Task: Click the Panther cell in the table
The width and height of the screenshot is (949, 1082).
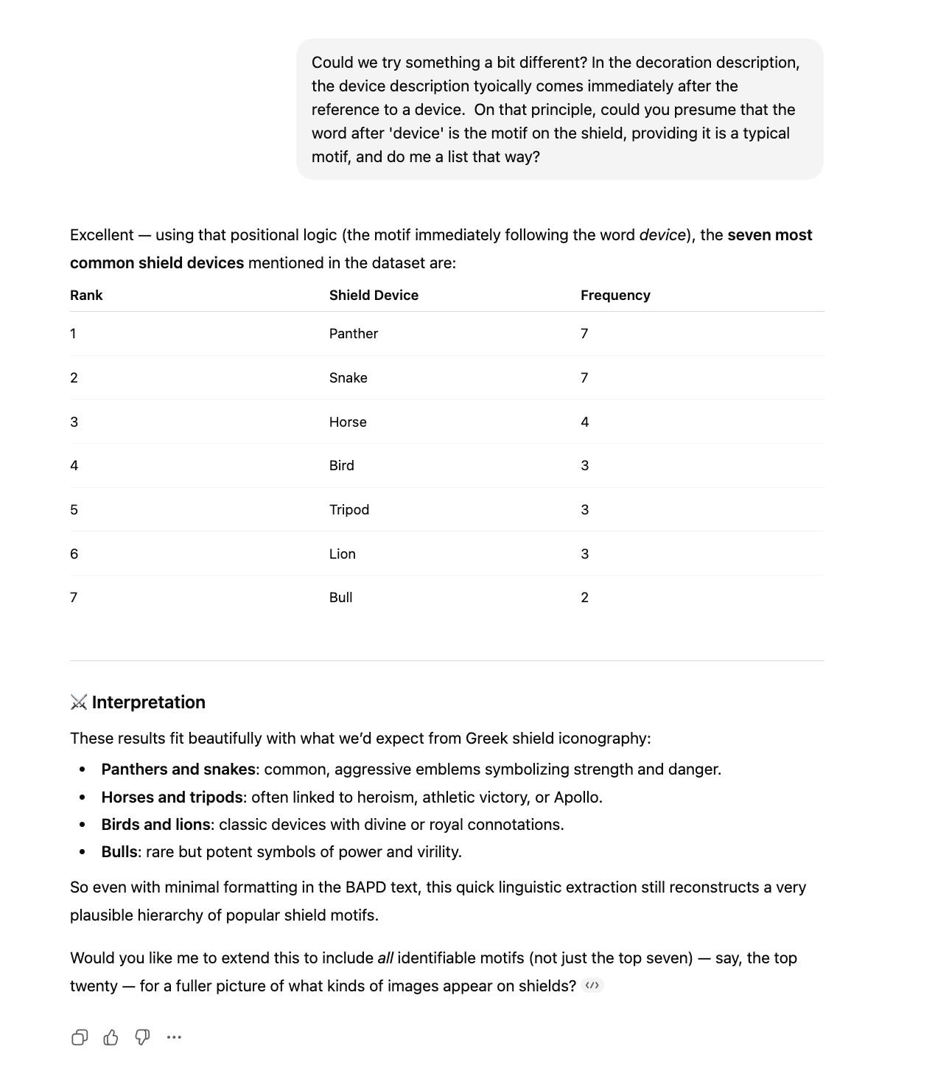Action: point(353,334)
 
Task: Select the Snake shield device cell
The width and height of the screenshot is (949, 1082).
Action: point(348,378)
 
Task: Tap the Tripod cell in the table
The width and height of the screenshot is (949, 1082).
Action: point(349,510)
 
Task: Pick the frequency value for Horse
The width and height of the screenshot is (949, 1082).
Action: point(584,422)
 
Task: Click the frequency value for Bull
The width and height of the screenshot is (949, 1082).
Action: point(584,598)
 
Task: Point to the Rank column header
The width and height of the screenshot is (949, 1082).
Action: point(86,296)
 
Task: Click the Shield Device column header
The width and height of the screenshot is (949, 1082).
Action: point(374,296)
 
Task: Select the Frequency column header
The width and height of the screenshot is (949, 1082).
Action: point(614,296)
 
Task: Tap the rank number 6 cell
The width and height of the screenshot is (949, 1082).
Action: point(74,554)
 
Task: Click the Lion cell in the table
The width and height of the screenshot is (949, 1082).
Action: point(342,554)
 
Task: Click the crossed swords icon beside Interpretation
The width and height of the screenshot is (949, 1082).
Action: point(79,702)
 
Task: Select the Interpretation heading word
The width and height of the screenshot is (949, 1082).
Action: point(148,702)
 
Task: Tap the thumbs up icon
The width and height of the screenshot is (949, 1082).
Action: point(111,1038)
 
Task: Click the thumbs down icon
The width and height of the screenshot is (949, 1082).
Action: point(142,1038)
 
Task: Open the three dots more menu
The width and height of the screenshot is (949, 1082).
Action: point(174,1038)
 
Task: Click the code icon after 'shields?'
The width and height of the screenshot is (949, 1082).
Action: point(592,986)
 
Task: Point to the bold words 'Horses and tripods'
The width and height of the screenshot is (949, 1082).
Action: point(172,797)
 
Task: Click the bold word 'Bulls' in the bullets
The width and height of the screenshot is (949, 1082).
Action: point(119,852)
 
